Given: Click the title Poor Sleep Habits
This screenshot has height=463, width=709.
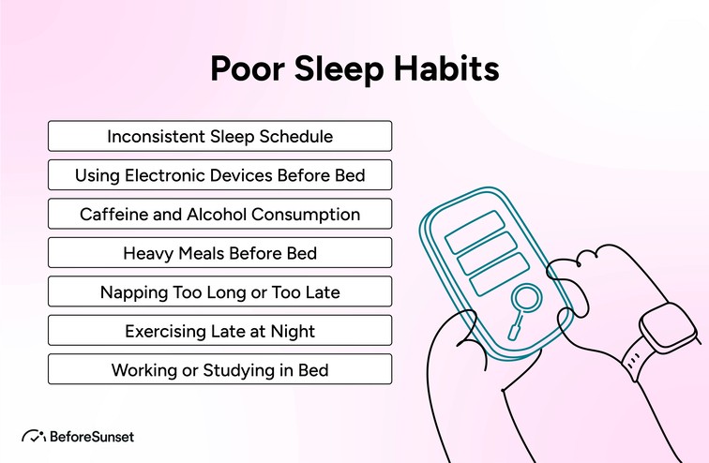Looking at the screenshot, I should (354, 69).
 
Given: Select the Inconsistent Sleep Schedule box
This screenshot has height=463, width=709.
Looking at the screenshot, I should (219, 136).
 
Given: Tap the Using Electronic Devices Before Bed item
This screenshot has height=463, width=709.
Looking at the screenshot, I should (219, 175).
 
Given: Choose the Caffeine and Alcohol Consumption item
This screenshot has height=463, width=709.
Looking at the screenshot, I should (219, 214).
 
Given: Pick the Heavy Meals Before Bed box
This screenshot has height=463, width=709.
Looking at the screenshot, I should (219, 253).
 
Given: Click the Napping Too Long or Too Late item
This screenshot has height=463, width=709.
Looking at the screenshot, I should (219, 291).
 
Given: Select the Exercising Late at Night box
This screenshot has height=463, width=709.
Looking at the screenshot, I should (219, 331).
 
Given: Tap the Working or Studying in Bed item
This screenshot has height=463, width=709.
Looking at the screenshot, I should (219, 369).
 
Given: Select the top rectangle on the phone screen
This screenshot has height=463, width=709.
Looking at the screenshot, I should (475, 230).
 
